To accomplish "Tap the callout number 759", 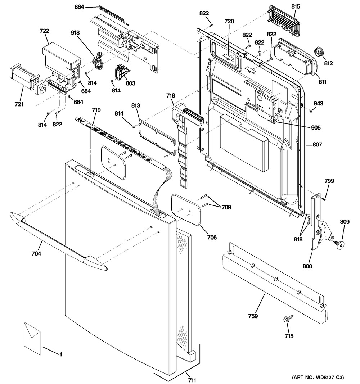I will pyautogui.click(x=253, y=316).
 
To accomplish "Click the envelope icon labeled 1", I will pyautogui.click(x=32, y=335).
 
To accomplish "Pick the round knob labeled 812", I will pyautogui.click(x=319, y=52).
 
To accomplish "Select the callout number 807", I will pyautogui.click(x=317, y=145).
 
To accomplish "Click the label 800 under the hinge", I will pyautogui.click(x=307, y=266).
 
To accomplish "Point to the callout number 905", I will pyautogui.click(x=316, y=127).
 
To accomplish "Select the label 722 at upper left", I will pyautogui.click(x=44, y=32).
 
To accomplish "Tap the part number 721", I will pyautogui.click(x=19, y=104).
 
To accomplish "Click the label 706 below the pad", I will pyautogui.click(x=212, y=237).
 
